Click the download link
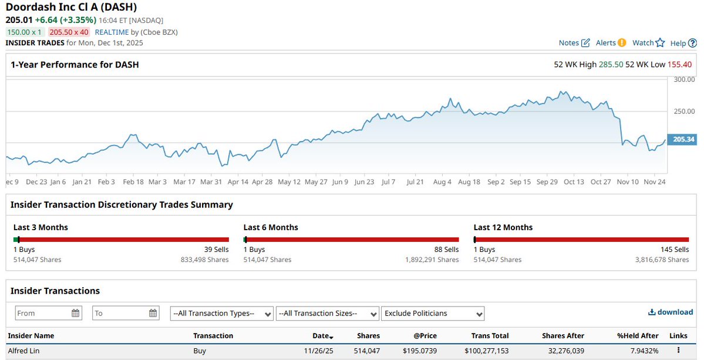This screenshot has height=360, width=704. (x=671, y=312)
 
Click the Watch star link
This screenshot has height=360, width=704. (x=648, y=43)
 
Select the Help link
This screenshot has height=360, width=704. (x=683, y=43)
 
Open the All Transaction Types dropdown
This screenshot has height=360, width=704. (x=222, y=314)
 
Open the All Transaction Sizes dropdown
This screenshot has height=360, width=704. (x=327, y=314)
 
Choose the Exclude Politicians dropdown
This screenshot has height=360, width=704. (x=433, y=314)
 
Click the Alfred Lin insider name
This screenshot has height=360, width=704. (x=23, y=351)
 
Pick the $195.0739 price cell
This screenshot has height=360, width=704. (x=419, y=351)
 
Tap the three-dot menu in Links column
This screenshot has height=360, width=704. (x=678, y=351)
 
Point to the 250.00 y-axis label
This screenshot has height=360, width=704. (x=683, y=111)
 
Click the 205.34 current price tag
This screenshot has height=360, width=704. (x=683, y=140)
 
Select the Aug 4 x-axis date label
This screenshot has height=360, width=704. (x=442, y=182)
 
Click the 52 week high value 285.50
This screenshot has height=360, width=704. (x=611, y=65)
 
